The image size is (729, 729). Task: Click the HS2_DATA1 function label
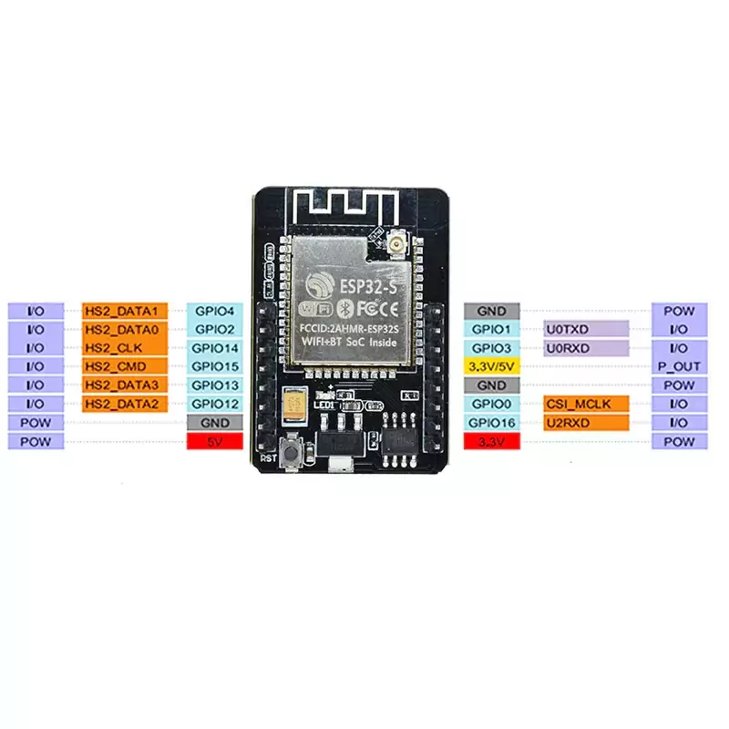(x=124, y=311)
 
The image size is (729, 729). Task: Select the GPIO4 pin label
(x=214, y=311)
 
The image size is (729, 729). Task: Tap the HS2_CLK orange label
(x=124, y=348)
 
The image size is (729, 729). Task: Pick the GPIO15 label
(x=214, y=366)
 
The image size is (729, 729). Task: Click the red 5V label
(x=214, y=441)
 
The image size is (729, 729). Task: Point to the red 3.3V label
(x=492, y=441)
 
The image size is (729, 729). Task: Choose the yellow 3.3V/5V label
(x=492, y=366)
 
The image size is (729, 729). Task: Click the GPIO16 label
(x=492, y=423)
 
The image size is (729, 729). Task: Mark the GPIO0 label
(x=492, y=404)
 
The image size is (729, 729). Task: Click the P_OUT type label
(x=679, y=366)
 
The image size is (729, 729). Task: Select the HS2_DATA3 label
(x=124, y=385)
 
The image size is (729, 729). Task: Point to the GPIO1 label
(x=492, y=329)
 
